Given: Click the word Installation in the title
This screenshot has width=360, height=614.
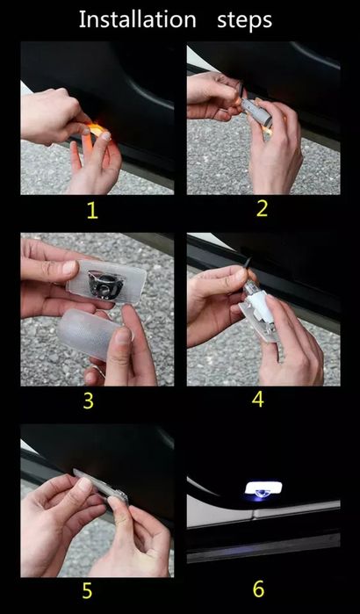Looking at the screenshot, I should [137, 19].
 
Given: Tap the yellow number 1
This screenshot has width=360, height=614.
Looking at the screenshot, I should [92, 211].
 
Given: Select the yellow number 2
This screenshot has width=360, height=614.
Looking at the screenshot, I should [261, 209].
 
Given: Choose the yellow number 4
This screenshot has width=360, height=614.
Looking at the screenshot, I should [258, 400].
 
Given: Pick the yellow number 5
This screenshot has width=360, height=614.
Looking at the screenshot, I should [87, 591].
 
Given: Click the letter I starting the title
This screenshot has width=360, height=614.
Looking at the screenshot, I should [82, 19].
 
